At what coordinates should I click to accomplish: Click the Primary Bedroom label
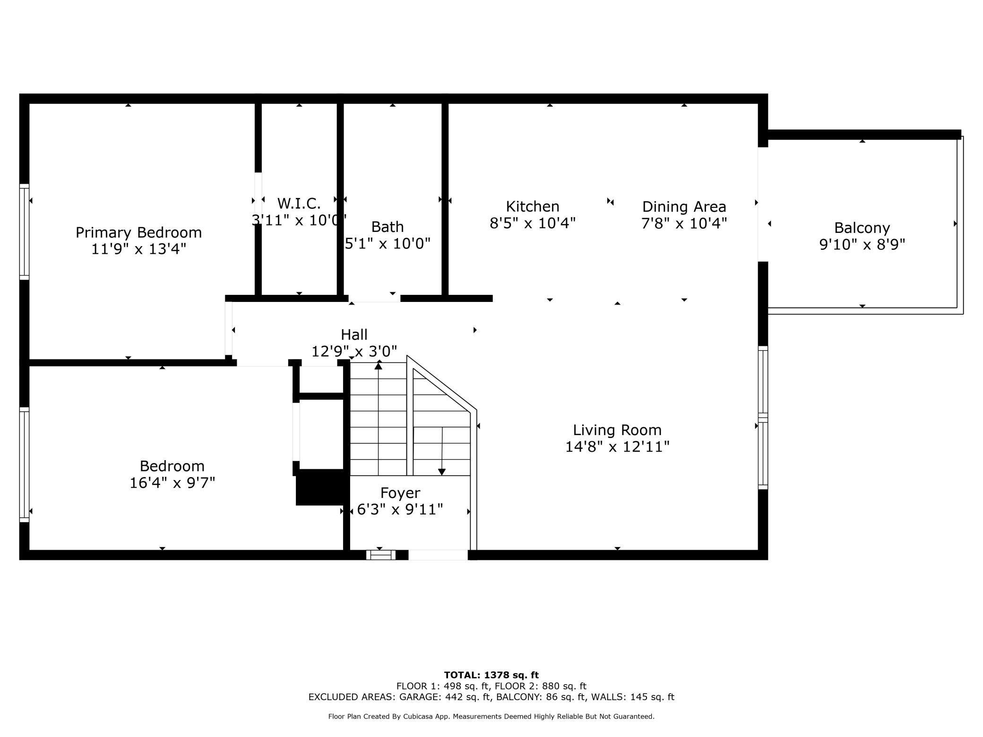coord(138,232)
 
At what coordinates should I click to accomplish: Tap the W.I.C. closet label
coord(299,204)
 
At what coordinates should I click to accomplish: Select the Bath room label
coord(388,227)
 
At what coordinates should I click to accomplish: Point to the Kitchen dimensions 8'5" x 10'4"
coord(533,223)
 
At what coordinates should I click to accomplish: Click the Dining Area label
coord(684,206)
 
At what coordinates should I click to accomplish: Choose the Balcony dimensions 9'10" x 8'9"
coord(862,244)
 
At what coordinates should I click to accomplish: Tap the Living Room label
coord(617,430)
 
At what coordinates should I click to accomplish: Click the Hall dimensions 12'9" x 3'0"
coord(354,351)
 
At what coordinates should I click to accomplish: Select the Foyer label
coord(400,493)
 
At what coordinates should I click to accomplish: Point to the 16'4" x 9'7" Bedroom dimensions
coord(172,483)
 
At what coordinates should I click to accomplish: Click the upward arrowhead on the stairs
coord(379,366)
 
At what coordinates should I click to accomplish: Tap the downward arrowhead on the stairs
coord(442,472)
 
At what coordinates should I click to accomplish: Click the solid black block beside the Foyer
coord(320,487)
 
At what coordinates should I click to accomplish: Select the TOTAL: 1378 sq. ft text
coord(491,675)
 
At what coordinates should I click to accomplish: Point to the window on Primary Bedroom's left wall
coord(24,231)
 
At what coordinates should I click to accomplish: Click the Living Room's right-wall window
coord(763,418)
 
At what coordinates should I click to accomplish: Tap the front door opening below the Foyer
coord(438,555)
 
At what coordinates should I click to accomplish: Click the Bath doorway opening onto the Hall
coord(374,299)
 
